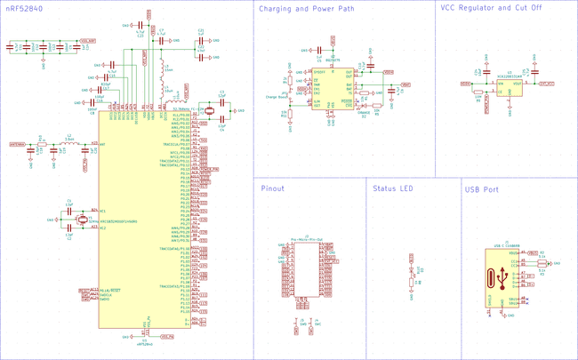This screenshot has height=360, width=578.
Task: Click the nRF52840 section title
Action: [24, 9]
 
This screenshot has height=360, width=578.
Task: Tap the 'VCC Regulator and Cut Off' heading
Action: [488, 9]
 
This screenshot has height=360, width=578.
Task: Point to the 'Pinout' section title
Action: [273, 188]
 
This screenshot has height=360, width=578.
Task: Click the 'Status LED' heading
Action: [393, 188]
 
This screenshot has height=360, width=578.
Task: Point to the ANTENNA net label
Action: [19, 143]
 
